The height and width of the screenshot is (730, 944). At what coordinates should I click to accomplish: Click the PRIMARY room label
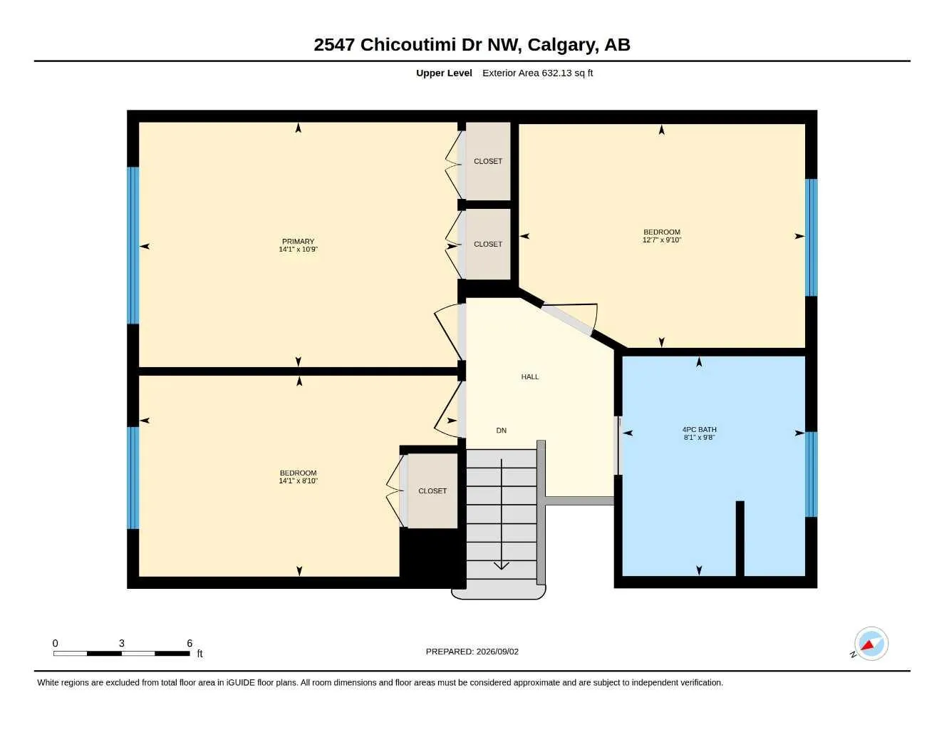tap(298, 241)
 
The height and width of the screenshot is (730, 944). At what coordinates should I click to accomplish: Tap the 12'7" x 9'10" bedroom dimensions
tap(662, 240)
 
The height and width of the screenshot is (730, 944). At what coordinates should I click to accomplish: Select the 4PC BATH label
tap(699, 429)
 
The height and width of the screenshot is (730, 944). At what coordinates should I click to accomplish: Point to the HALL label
tap(530, 376)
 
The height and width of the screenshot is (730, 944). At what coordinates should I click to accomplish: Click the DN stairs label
tap(502, 430)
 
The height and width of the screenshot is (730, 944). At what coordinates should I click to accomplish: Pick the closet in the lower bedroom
tap(432, 490)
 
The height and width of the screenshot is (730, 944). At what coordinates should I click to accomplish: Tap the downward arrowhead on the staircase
tap(502, 565)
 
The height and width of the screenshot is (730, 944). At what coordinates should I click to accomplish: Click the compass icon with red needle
tap(871, 644)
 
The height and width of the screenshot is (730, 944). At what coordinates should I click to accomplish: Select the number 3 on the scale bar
tap(122, 643)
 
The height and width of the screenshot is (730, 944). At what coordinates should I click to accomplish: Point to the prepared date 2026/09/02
tap(497, 652)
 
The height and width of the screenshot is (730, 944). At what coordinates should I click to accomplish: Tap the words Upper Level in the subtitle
tap(444, 73)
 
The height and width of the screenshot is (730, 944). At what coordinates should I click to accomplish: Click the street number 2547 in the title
tap(334, 45)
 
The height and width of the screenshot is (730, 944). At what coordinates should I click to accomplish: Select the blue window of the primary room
tap(133, 245)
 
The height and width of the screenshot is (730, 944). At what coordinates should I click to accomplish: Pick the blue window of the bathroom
tap(811, 474)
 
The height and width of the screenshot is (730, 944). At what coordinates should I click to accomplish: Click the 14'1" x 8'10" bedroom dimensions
tap(298, 481)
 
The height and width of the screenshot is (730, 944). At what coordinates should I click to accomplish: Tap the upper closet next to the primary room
tap(488, 161)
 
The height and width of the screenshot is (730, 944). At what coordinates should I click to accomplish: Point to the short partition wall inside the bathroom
tap(740, 539)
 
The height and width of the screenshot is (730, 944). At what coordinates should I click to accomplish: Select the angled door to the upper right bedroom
tap(570, 319)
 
